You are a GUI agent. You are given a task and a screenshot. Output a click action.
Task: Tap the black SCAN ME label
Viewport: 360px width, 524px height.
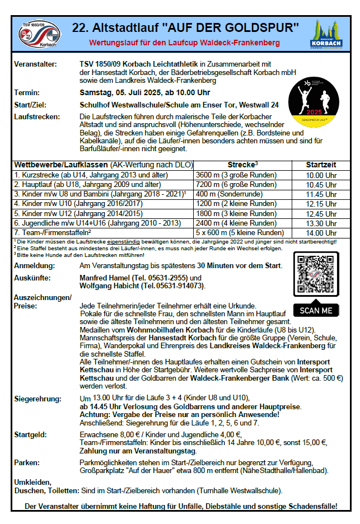[x=316, y=310]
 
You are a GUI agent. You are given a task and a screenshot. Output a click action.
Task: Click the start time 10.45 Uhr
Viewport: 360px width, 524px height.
[x=321, y=185]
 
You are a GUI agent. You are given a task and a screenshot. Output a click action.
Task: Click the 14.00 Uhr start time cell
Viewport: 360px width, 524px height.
[x=321, y=232]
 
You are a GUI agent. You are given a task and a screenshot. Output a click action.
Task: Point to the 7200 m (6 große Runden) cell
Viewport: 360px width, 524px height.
[x=236, y=185]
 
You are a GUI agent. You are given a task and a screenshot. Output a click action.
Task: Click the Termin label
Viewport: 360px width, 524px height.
[x=27, y=92]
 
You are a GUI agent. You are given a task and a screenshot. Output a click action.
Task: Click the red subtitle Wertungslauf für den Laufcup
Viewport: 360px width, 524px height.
[x=185, y=43]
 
